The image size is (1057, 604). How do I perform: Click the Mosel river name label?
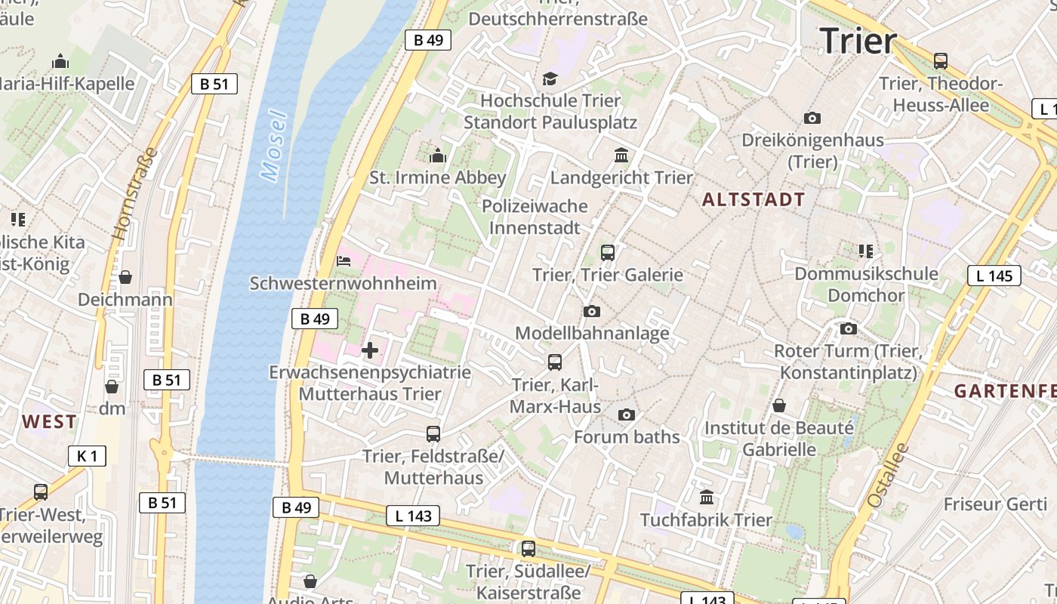click(274, 146)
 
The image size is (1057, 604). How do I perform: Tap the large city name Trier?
click(858, 40)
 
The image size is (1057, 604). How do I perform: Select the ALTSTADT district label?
click(753, 200)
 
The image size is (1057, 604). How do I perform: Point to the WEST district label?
click(49, 422)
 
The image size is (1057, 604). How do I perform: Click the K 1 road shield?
click(87, 456)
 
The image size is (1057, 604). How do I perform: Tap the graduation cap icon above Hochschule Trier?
click(550, 79)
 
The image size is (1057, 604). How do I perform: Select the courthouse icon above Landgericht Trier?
click(621, 156)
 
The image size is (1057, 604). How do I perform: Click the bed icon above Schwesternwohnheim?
click(343, 262)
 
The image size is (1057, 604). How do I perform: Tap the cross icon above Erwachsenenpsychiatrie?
click(370, 350)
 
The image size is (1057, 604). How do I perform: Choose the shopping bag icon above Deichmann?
click(125, 277)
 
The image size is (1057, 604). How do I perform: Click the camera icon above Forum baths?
click(626, 414)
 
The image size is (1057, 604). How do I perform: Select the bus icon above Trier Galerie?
click(607, 253)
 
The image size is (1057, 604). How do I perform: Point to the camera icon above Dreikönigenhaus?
click(812, 118)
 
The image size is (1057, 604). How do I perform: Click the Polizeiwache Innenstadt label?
click(535, 217)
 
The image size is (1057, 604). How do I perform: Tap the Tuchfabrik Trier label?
click(706, 520)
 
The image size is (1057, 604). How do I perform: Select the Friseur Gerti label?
click(995, 504)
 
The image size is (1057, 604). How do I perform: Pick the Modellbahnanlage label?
click(592, 333)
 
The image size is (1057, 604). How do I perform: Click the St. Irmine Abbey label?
click(437, 178)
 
